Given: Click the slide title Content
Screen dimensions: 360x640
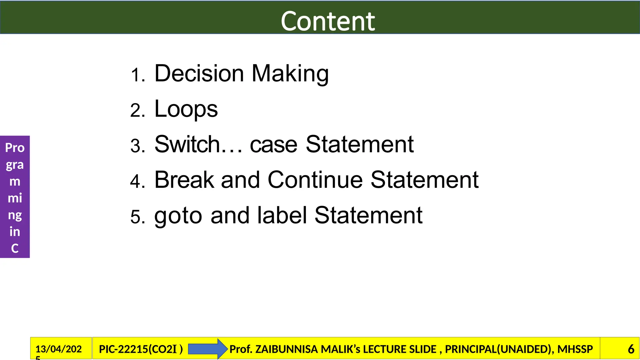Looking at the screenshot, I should (x=327, y=21).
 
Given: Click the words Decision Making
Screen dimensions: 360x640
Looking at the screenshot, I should (x=241, y=74).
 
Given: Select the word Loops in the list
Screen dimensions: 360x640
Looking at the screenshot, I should (x=186, y=109).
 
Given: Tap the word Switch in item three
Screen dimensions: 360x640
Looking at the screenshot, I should (x=187, y=144).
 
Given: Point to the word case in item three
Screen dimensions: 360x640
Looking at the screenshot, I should (x=273, y=145).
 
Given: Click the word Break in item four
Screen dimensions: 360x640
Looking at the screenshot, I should (x=184, y=180).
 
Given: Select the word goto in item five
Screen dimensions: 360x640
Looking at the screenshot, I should (x=178, y=216).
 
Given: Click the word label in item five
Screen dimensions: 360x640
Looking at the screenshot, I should (x=282, y=215).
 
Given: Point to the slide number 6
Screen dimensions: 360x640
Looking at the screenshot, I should (x=631, y=349).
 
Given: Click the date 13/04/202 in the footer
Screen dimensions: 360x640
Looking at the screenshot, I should (x=58, y=349).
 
